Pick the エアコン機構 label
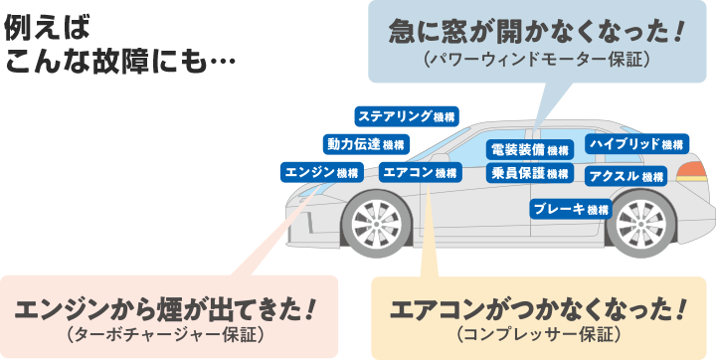coord(420,173)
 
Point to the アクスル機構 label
coord(626,177)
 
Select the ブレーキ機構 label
coord(571,210)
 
